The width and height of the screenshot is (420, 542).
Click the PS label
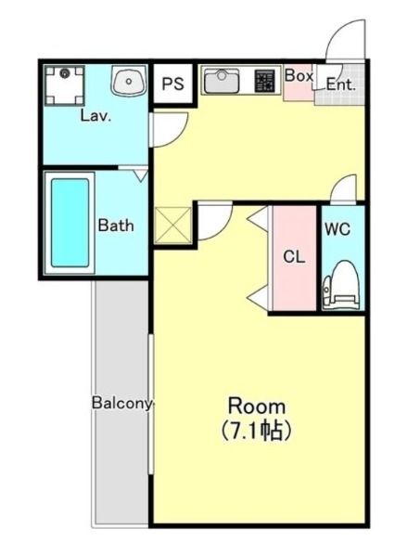tap(173, 84)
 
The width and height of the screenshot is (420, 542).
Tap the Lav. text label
tap(95, 116)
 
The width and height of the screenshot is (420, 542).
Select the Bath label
tap(116, 225)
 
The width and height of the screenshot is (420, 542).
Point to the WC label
tap(337, 229)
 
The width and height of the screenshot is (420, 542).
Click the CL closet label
tap(294, 257)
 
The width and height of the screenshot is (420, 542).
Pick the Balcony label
tap(122, 404)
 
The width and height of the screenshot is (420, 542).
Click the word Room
tap(257, 406)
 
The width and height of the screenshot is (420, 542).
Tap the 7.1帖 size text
tap(256, 430)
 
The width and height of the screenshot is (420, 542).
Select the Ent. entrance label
tap(340, 84)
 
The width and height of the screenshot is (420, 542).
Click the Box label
tap(299, 76)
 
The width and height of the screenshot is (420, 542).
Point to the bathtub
tap(70, 223)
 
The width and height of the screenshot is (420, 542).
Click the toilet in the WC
tap(341, 284)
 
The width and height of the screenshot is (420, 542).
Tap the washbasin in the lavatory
tap(129, 82)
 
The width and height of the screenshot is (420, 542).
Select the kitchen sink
tap(222, 82)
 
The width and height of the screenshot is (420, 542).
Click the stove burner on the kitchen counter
tap(264, 82)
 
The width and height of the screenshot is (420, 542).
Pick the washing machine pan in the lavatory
tap(65, 85)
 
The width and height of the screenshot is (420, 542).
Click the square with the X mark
tap(172, 225)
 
